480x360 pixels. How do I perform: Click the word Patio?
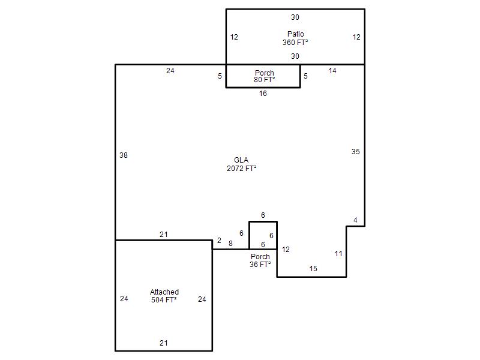coord(295,34)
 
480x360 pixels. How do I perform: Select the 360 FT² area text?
coord(295,42)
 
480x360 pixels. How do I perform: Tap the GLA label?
coord(241,160)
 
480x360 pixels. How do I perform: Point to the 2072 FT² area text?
coord(242,169)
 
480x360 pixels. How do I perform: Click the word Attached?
coord(164,292)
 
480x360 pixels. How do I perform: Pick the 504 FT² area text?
coord(164,300)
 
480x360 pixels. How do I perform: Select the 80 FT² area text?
coord(264,80)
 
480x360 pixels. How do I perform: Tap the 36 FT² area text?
coord(260,265)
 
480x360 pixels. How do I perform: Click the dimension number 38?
coord(124,155)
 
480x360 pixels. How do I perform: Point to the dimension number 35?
coord(355,152)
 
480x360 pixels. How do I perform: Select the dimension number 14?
coord(332,71)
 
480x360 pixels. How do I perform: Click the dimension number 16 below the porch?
coord(263,94)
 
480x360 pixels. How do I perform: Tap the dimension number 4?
coord(355,220)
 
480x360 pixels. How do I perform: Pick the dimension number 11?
coord(338,254)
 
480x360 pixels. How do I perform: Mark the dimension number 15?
coord(313,269)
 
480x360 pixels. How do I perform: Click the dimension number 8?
coord(230,244)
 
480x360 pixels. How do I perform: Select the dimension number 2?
coord(219,241)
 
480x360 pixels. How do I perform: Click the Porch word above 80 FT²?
coord(265,73)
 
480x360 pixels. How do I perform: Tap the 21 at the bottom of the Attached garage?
coord(164,343)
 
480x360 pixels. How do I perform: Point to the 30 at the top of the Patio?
coord(295,17)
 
